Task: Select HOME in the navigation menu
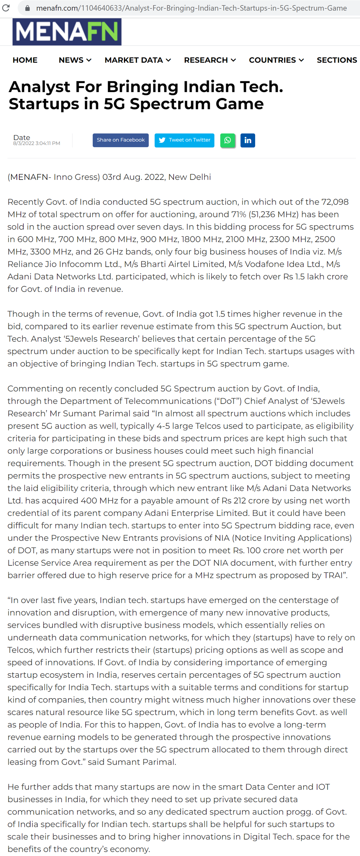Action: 25,60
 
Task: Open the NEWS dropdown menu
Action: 75,60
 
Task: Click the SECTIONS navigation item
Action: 336,60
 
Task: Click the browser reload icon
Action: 6,8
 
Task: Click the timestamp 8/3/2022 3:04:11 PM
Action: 37,143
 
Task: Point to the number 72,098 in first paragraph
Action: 335,202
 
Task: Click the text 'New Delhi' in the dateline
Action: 189,177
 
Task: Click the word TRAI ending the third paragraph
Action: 334,575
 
